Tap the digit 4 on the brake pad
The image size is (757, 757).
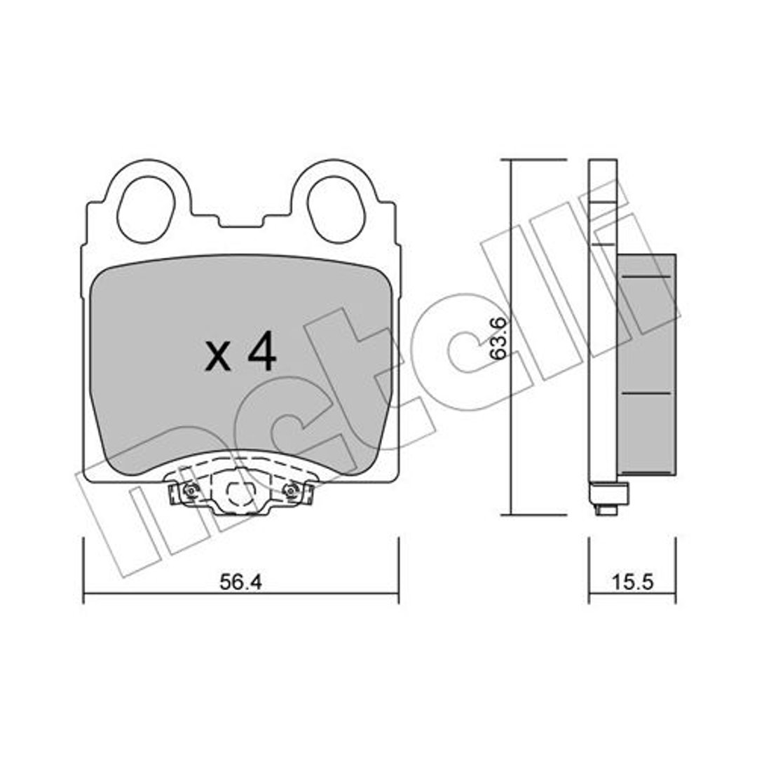pos(261,351)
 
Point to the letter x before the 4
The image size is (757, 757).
pos(218,357)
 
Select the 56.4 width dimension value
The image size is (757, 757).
pos(240,582)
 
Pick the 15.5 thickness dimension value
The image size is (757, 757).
pos(632,582)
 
